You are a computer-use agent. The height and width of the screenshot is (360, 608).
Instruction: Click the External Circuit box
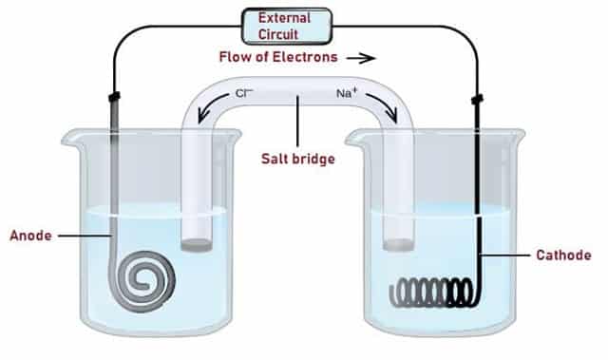click(x=287, y=26)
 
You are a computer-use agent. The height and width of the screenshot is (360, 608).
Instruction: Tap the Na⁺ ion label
click(x=347, y=94)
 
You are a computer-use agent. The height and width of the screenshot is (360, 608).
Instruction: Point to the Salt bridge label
click(x=299, y=159)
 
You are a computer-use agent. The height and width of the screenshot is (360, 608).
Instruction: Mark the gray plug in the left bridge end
click(x=197, y=245)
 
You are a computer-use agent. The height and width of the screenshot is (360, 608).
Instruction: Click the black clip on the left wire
click(x=113, y=98)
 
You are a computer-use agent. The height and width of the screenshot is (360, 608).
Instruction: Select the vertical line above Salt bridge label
click(x=298, y=121)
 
